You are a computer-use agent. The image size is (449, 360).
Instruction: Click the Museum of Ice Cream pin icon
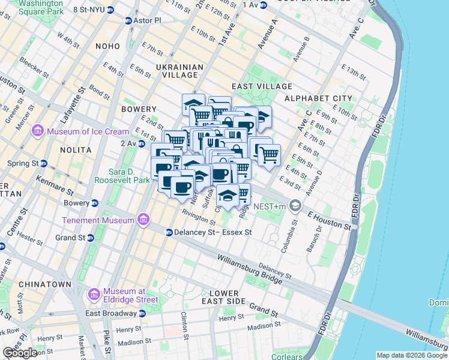38,131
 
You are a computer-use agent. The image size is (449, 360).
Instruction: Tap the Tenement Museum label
98,220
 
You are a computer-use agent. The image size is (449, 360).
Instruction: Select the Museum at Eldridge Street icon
94,295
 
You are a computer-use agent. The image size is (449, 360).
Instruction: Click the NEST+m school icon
295,206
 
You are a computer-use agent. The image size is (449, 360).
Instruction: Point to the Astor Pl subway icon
128,20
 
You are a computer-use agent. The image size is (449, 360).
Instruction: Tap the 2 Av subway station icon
142,143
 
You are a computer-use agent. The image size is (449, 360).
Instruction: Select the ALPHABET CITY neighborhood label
318,98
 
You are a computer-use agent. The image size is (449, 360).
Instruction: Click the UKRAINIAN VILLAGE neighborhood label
176,71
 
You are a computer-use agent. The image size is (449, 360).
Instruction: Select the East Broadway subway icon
142,313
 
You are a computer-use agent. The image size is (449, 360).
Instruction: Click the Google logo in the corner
20,353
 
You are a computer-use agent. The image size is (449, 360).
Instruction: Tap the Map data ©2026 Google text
411,355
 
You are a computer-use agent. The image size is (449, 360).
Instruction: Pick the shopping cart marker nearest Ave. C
269,155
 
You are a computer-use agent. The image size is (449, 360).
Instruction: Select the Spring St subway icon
44,163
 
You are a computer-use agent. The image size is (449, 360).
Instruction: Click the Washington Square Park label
41,7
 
